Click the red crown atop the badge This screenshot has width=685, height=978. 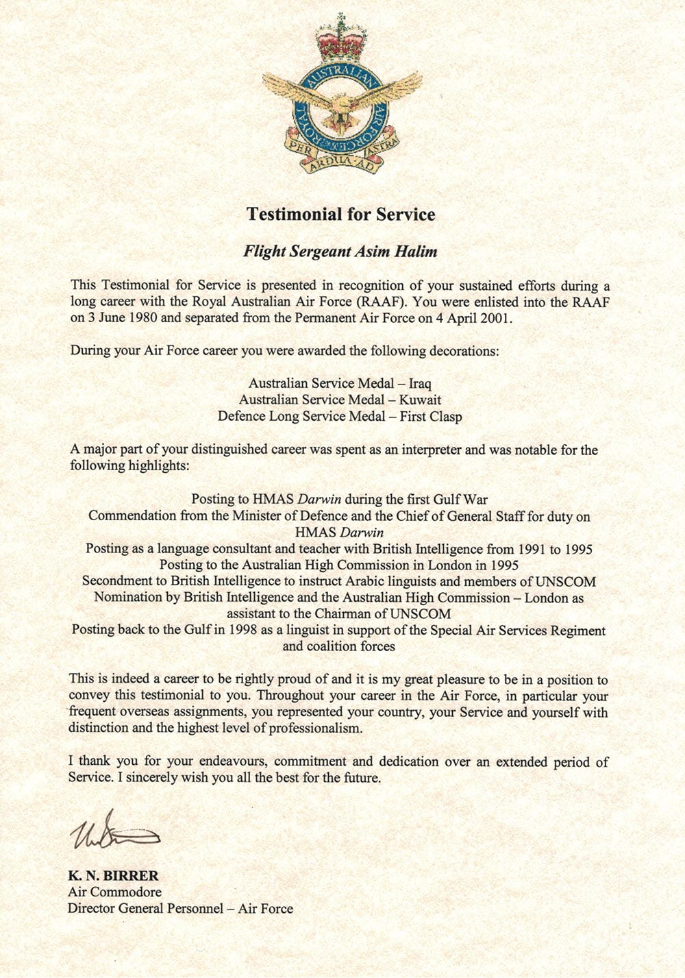point(341,40)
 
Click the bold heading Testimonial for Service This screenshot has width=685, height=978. point(340,215)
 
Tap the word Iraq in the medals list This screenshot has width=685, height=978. point(419,383)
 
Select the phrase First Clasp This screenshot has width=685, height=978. point(431,416)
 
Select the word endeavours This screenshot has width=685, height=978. point(238,761)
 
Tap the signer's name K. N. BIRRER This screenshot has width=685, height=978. point(113,876)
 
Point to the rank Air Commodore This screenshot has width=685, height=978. point(114,892)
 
